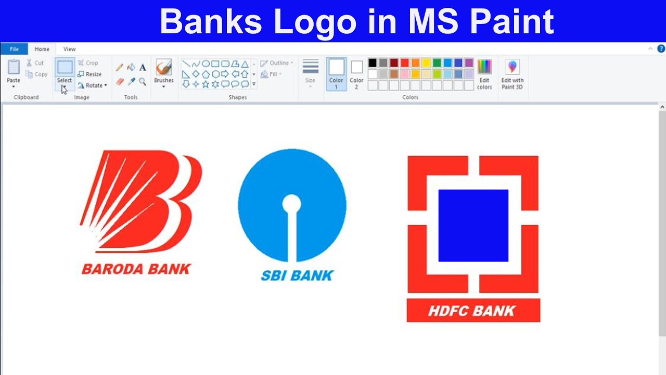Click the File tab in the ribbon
14,49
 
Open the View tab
69,49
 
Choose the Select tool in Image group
65,71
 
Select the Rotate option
92,85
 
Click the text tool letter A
143,67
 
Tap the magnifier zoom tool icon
143,81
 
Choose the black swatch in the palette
372,63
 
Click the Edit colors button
484,73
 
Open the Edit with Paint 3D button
513,73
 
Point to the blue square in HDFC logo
473,226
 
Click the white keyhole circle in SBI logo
291,204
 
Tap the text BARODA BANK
136,269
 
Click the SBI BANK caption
297,275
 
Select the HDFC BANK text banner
473,310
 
